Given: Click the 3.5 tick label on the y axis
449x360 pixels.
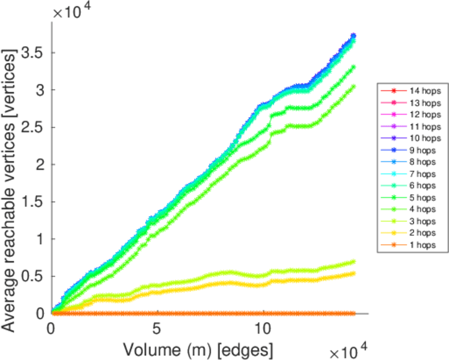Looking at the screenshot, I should tap(34, 52).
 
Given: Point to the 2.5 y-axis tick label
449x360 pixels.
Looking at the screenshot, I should tap(34, 127).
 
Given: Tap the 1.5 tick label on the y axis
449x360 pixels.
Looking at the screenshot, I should tap(34, 202).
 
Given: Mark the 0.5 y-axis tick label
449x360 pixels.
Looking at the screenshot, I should tap(34, 277).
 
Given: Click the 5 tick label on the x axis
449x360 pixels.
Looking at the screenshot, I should tap(157, 329).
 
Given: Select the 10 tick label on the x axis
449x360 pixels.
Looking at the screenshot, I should tap(263, 329).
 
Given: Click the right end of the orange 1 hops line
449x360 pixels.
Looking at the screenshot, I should tap(353, 313).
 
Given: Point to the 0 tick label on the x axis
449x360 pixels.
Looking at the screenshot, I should tap(52, 329).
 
